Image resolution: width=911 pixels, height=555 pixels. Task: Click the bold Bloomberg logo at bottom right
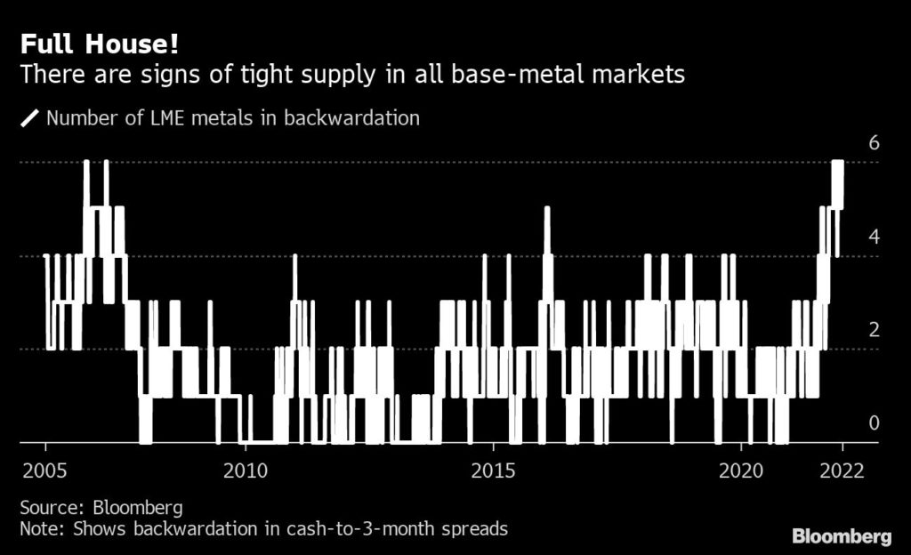click(841, 536)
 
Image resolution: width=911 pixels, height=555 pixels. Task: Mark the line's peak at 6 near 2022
click(837, 163)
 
